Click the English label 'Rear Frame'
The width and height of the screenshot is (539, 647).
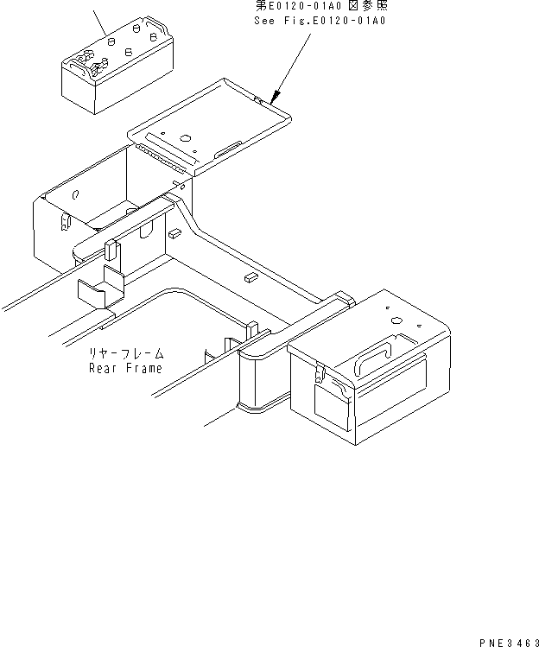pos(125,368)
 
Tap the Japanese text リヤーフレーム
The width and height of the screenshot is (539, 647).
pos(127,353)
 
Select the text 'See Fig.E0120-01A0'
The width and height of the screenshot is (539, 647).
pos(320,20)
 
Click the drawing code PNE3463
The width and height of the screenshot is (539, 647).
pos(509,643)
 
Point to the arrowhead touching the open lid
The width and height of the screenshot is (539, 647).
pos(274,98)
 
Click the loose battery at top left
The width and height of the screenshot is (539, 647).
pos(117,65)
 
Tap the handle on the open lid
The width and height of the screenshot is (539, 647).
pos(228,149)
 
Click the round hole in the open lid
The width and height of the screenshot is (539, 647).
pos(186,138)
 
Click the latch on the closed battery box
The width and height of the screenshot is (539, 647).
pos(319,371)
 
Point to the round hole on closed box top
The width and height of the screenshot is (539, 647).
pos(396,320)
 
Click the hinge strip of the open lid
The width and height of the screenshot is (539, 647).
pos(160,157)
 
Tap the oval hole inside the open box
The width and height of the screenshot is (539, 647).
pos(75,194)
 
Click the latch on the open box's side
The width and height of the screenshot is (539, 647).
pos(65,223)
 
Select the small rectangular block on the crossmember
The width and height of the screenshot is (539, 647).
pos(250,277)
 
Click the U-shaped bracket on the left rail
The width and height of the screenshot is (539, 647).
pos(101,288)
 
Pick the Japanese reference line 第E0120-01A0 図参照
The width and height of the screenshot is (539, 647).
pos(321,5)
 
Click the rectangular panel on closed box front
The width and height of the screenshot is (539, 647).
pos(332,408)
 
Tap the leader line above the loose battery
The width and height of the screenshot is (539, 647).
pos(100,23)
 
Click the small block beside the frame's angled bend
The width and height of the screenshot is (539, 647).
pos(174,233)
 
